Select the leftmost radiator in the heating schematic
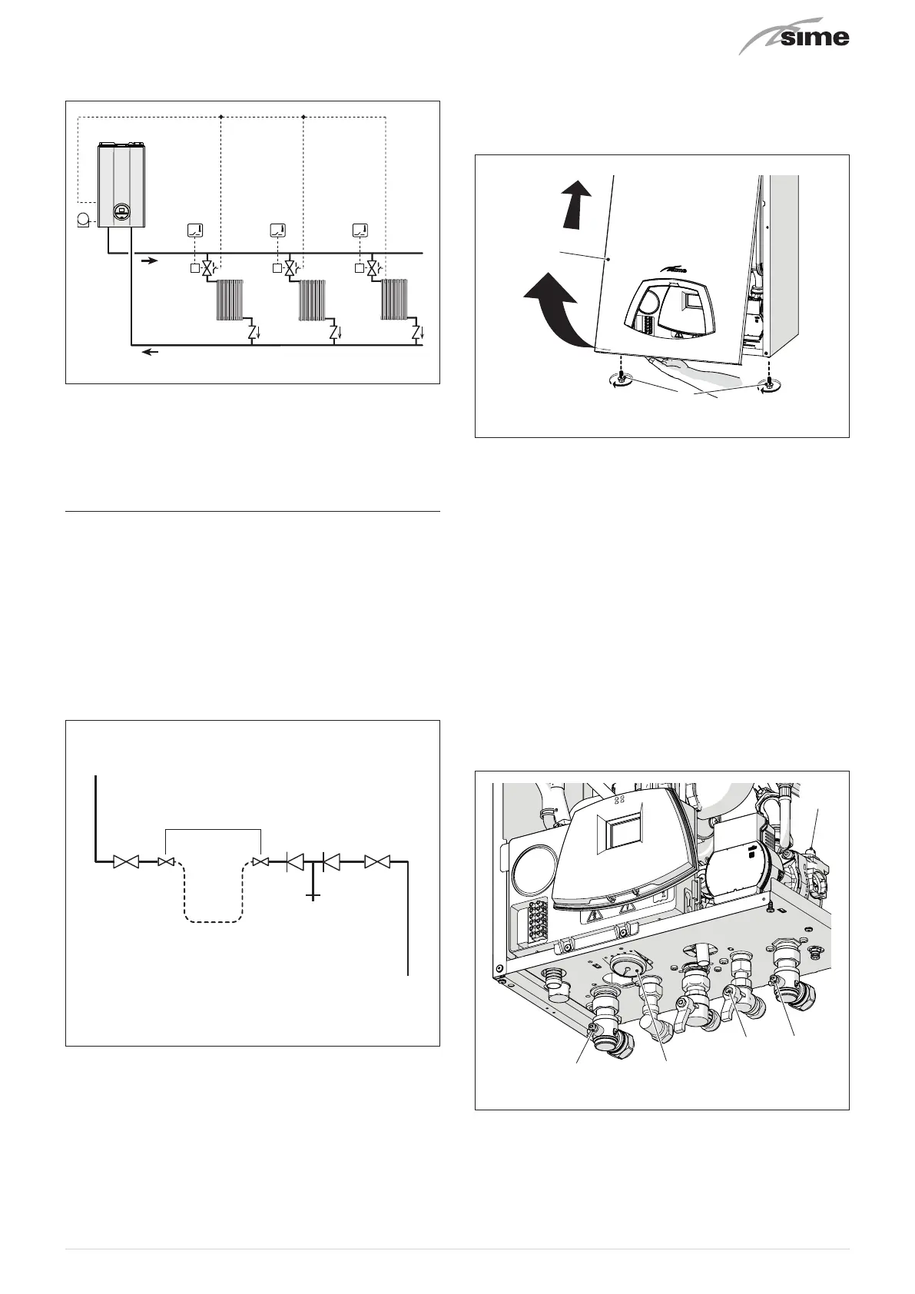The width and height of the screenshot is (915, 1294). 230,300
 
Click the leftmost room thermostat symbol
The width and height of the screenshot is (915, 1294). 195,230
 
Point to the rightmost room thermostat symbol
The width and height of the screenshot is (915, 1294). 360,230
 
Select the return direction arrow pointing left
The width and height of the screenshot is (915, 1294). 151,353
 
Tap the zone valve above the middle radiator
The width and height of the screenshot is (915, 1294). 289,269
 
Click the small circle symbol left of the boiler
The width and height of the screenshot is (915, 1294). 83,221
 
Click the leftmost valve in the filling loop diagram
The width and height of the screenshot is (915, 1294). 124,862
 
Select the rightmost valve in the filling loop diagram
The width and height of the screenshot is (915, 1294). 376,862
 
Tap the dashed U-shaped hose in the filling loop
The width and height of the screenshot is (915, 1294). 214,899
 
